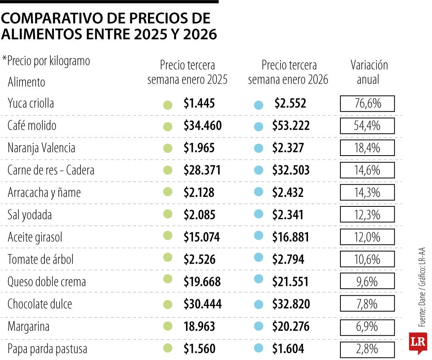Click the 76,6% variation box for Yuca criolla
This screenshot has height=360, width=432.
(x=367, y=104)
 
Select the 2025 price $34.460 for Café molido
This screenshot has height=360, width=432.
(x=202, y=126)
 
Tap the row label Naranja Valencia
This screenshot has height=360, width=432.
(x=41, y=148)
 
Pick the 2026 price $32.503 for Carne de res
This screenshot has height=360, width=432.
(x=291, y=170)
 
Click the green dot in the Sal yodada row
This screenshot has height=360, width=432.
(x=168, y=215)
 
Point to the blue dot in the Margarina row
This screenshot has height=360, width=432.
(x=259, y=326)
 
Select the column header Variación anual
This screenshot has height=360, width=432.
(x=369, y=72)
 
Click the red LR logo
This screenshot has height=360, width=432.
(x=418, y=342)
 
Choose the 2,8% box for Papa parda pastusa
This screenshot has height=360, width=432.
(x=367, y=349)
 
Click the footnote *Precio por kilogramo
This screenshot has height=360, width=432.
(x=46, y=61)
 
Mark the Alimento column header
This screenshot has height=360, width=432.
(x=26, y=82)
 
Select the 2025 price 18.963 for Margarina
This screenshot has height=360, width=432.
(x=199, y=326)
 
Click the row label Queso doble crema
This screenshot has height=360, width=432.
(x=47, y=282)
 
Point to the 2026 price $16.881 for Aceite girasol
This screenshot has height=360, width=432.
(x=291, y=237)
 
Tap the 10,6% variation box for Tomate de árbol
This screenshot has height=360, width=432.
(x=367, y=260)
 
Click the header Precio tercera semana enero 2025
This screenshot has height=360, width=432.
(x=187, y=72)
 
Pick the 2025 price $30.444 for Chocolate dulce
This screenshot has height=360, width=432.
(x=202, y=304)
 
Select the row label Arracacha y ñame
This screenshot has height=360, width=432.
(x=44, y=193)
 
